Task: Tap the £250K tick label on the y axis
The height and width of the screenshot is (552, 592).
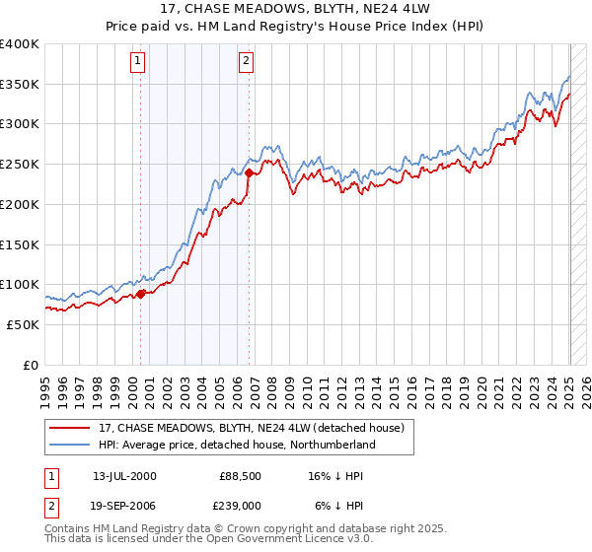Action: pos(20,165)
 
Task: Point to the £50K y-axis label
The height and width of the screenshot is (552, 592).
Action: pos(23,324)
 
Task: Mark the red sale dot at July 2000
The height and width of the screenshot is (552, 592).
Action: pos(141,293)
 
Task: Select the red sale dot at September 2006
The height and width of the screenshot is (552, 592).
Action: pos(249,172)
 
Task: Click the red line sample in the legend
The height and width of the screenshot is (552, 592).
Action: pos(70,428)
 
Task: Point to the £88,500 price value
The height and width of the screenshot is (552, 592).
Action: pos(239,475)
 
